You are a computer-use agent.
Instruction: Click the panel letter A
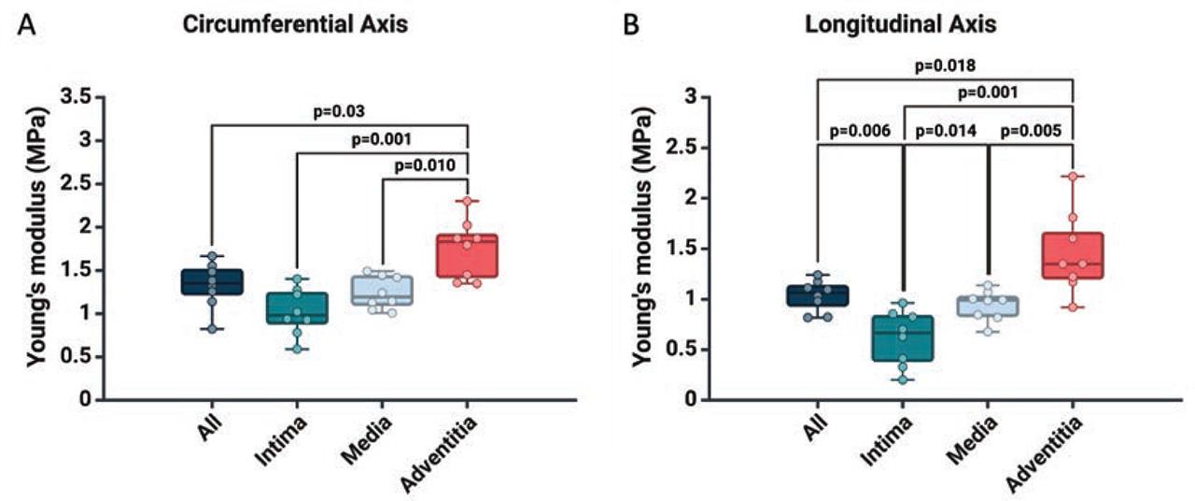point(27,25)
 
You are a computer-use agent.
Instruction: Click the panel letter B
point(632,25)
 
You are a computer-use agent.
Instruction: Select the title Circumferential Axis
point(294,25)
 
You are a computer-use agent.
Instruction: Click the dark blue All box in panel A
point(212,282)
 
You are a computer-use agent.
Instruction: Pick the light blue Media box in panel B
point(989,307)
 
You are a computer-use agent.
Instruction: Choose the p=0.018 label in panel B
point(945,65)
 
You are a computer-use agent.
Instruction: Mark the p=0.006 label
point(858,130)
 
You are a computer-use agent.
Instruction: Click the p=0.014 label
point(945,130)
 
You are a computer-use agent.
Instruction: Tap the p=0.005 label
point(1031,130)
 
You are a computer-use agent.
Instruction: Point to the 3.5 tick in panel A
point(78,96)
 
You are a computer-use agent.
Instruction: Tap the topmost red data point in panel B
point(1074,176)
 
